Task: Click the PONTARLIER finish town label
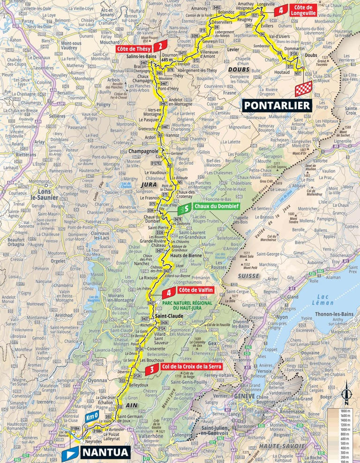click(277, 105)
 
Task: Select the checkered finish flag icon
click(302, 90)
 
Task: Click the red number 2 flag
click(161, 46)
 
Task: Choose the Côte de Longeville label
click(306, 10)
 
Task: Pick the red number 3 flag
click(151, 370)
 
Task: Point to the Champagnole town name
click(144, 152)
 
